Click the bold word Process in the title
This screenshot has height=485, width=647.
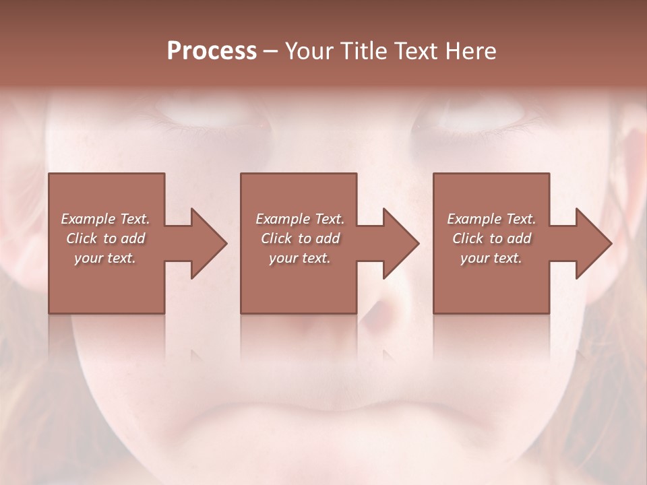[212, 51]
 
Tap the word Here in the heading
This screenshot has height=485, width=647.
[472, 51]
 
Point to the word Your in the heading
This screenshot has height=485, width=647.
[311, 51]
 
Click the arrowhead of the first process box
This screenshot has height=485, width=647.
[206, 243]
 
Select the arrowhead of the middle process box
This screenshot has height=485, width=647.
[398, 243]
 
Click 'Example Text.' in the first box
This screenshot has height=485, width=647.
[105, 219]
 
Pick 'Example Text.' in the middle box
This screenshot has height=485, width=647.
[299, 219]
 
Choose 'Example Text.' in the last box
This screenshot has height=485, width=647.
[491, 219]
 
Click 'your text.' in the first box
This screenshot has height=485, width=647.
[105, 258]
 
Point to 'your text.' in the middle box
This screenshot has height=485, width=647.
[299, 258]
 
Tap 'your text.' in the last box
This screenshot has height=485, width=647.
[491, 258]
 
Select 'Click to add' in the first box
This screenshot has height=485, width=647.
[105, 238]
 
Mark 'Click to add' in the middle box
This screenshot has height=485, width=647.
[299, 238]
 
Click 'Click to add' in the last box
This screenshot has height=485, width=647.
[491, 238]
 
